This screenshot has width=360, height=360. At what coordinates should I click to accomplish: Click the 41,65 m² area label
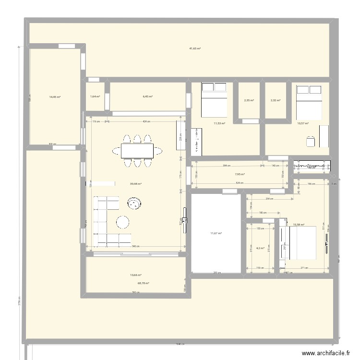(x=194, y=48)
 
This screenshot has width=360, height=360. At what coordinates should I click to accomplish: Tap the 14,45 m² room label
(x=55, y=96)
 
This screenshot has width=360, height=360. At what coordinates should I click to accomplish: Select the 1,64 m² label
(x=95, y=96)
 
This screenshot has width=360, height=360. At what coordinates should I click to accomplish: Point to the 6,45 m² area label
(x=147, y=96)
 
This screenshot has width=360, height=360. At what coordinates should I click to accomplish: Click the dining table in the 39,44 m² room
(x=137, y=151)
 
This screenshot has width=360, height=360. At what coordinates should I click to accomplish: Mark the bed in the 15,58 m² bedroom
(x=300, y=243)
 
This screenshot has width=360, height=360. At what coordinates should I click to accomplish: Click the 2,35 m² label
(x=249, y=100)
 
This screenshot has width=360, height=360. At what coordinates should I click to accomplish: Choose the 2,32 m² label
(x=275, y=100)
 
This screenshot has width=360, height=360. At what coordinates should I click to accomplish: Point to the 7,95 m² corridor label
(x=240, y=174)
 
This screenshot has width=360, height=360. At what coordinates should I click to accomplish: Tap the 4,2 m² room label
(x=260, y=248)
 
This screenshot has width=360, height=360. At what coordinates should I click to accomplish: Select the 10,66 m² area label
(x=136, y=275)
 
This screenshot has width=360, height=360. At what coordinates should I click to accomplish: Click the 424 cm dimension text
(x=145, y=121)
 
